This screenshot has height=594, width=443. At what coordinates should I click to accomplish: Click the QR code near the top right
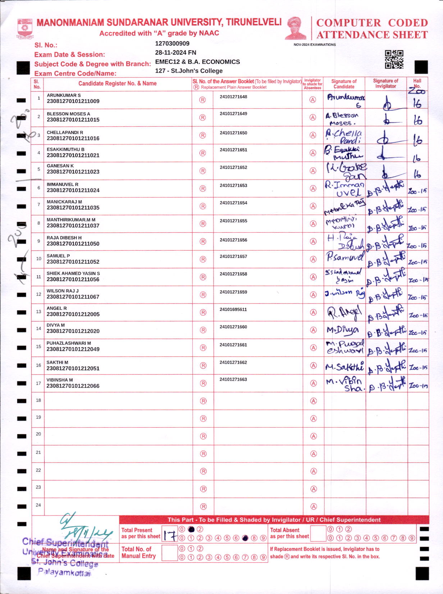pos(394,59)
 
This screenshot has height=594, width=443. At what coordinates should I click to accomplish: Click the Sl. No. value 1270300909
pos(172,43)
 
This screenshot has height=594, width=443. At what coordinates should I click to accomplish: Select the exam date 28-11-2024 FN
pos(175,52)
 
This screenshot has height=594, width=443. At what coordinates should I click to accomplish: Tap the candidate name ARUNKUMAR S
pos(64,95)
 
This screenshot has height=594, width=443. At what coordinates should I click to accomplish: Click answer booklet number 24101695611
pos(233,309)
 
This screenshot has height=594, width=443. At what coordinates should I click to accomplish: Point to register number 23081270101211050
pos(73,243)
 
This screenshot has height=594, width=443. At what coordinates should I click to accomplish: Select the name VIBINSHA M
pos(60,380)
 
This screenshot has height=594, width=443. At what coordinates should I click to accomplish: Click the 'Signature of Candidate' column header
pos(344,84)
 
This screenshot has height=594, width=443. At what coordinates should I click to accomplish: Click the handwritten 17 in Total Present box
pos(170,535)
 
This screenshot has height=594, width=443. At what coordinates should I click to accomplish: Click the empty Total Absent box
pos(318,533)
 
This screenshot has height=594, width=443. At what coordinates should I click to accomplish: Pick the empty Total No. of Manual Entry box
pos(170,553)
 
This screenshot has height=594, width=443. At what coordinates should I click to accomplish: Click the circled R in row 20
pos(203,436)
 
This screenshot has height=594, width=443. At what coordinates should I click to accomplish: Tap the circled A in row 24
pos(314,506)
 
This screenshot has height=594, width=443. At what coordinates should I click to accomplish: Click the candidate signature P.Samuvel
pos(344,257)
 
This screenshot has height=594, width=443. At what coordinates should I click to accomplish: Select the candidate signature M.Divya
pos(342,330)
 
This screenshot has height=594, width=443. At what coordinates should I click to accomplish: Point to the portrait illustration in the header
pos(296,28)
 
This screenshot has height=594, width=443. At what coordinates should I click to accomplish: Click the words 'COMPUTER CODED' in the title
pos(372,23)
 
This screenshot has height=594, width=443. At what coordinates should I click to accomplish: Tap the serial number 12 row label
pos(38,294)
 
